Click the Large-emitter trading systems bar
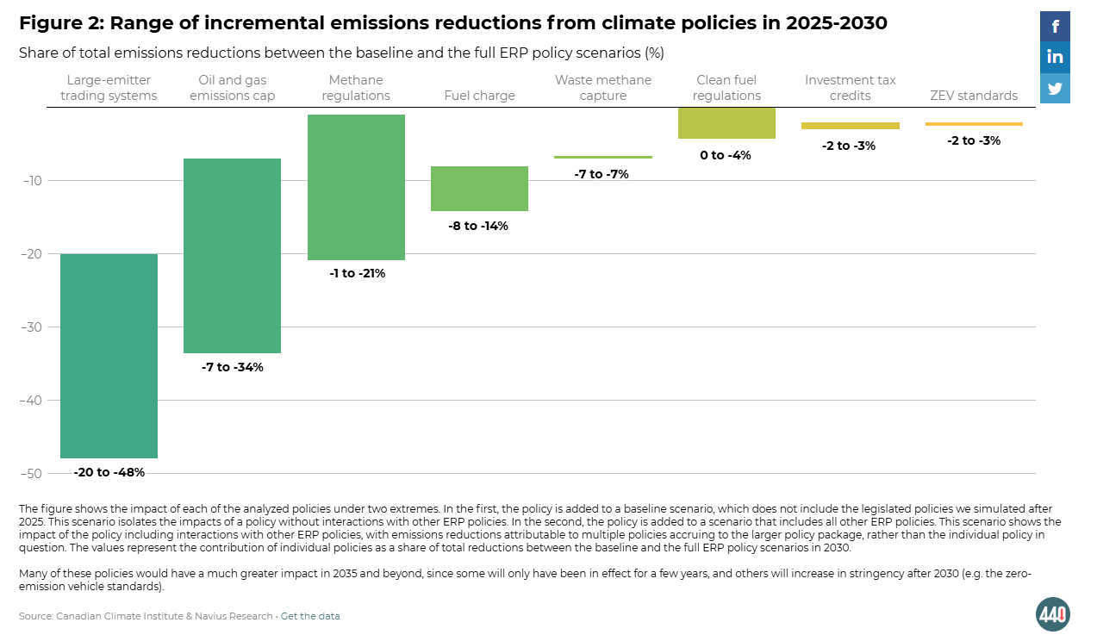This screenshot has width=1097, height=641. (x=109, y=356)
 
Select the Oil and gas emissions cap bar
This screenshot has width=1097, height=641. (x=233, y=256)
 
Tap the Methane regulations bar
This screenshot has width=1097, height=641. (x=356, y=187)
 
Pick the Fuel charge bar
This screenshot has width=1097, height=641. (x=479, y=189)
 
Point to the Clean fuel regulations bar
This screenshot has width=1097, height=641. (x=726, y=123)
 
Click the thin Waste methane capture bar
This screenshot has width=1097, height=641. (x=603, y=157)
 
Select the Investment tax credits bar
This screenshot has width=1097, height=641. (x=851, y=126)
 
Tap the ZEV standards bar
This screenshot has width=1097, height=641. (x=974, y=124)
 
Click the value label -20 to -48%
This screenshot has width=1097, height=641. (x=109, y=472)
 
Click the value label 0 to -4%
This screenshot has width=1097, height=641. (x=726, y=155)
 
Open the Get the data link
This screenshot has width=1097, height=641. (x=310, y=616)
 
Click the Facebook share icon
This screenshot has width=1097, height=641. (x=1055, y=27)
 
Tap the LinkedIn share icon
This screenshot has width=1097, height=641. (x=1055, y=57)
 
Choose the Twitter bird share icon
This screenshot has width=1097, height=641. (x=1055, y=88)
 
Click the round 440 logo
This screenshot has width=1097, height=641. (x=1053, y=614)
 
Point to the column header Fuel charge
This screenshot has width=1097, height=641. (x=479, y=96)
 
